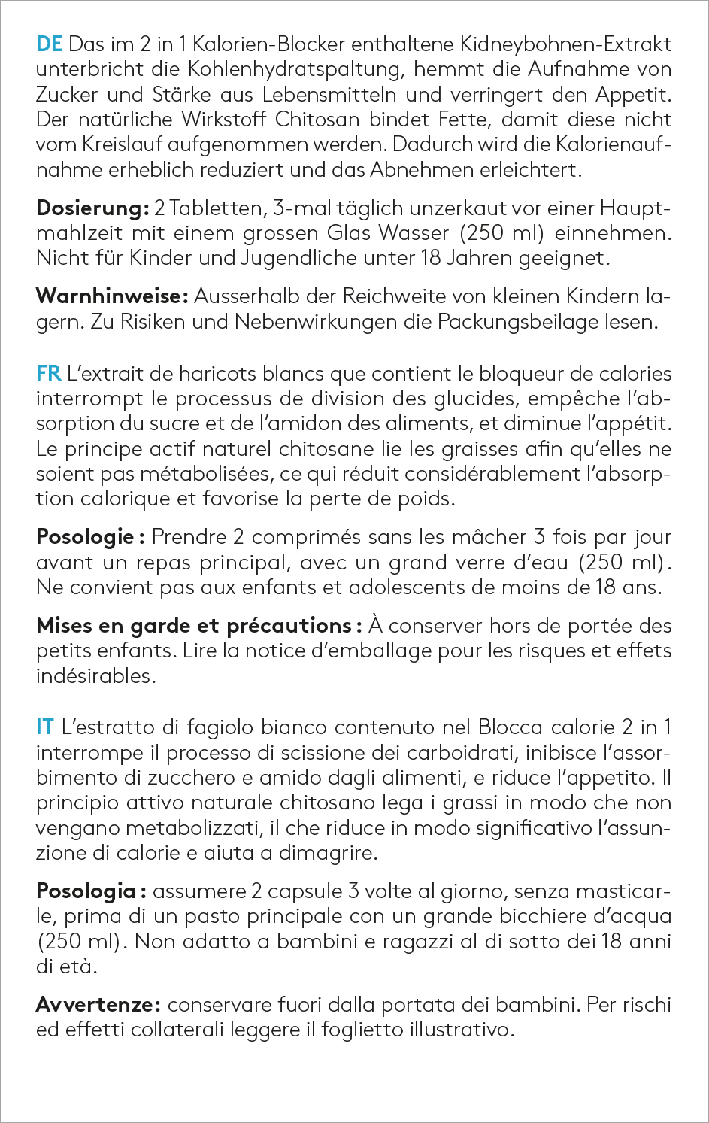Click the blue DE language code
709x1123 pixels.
(x=49, y=44)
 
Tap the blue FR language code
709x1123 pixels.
(x=49, y=373)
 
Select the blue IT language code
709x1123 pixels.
(x=45, y=727)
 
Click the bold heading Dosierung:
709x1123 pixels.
(x=92, y=208)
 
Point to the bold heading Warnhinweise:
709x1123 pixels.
(x=111, y=296)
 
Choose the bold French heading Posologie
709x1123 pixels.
(x=85, y=537)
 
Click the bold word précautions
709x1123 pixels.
(x=289, y=625)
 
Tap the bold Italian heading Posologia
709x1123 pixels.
(x=86, y=891)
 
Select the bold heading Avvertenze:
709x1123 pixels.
(x=97, y=1004)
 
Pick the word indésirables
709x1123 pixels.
(x=95, y=675)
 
